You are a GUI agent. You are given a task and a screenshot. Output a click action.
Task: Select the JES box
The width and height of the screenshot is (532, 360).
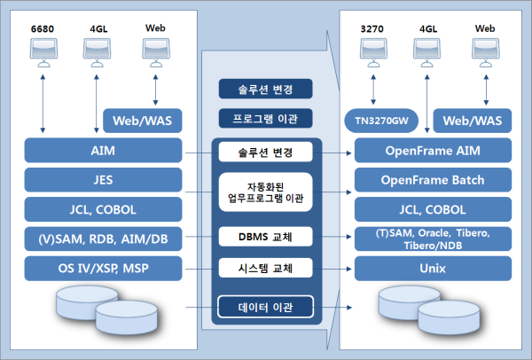pos(103,180)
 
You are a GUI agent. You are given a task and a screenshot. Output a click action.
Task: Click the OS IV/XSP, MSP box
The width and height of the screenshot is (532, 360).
pos(103,267)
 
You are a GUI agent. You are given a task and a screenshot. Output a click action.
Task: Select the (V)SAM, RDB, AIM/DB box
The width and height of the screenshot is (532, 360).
pos(103,238)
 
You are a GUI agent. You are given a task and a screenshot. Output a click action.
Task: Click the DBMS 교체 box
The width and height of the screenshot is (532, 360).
pos(267,236)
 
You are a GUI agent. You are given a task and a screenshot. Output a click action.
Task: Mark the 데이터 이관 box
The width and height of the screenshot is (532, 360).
pos(267,308)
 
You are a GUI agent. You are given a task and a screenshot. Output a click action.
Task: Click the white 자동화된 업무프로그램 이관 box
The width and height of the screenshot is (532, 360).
pos(267,192)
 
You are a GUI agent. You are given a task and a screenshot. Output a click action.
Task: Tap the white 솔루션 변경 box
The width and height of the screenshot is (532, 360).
pos(267,152)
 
